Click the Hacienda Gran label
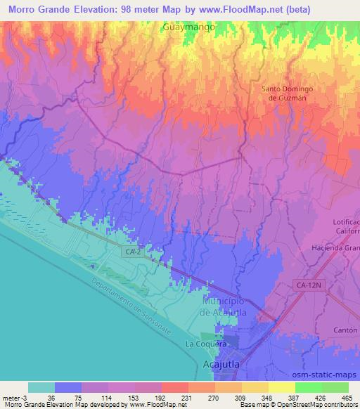336,249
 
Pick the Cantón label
347,330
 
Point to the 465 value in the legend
347,398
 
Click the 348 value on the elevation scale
266,398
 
